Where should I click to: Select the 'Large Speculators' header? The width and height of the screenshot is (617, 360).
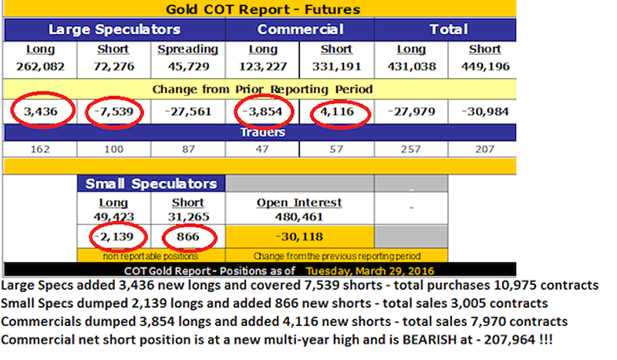click(x=114, y=30)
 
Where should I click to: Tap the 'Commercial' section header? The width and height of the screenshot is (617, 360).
click(x=300, y=30)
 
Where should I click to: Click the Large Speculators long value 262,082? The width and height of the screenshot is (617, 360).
click(x=40, y=66)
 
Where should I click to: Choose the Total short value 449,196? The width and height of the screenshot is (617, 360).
click(x=485, y=66)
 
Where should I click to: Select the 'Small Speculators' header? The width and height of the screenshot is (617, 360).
click(x=151, y=183)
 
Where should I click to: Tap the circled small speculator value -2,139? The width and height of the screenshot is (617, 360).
click(x=114, y=234)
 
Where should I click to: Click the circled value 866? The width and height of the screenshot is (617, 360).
click(x=188, y=234)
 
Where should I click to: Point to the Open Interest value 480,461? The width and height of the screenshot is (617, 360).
click(x=300, y=217)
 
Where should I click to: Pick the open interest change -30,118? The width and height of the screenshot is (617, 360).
click(x=300, y=235)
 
